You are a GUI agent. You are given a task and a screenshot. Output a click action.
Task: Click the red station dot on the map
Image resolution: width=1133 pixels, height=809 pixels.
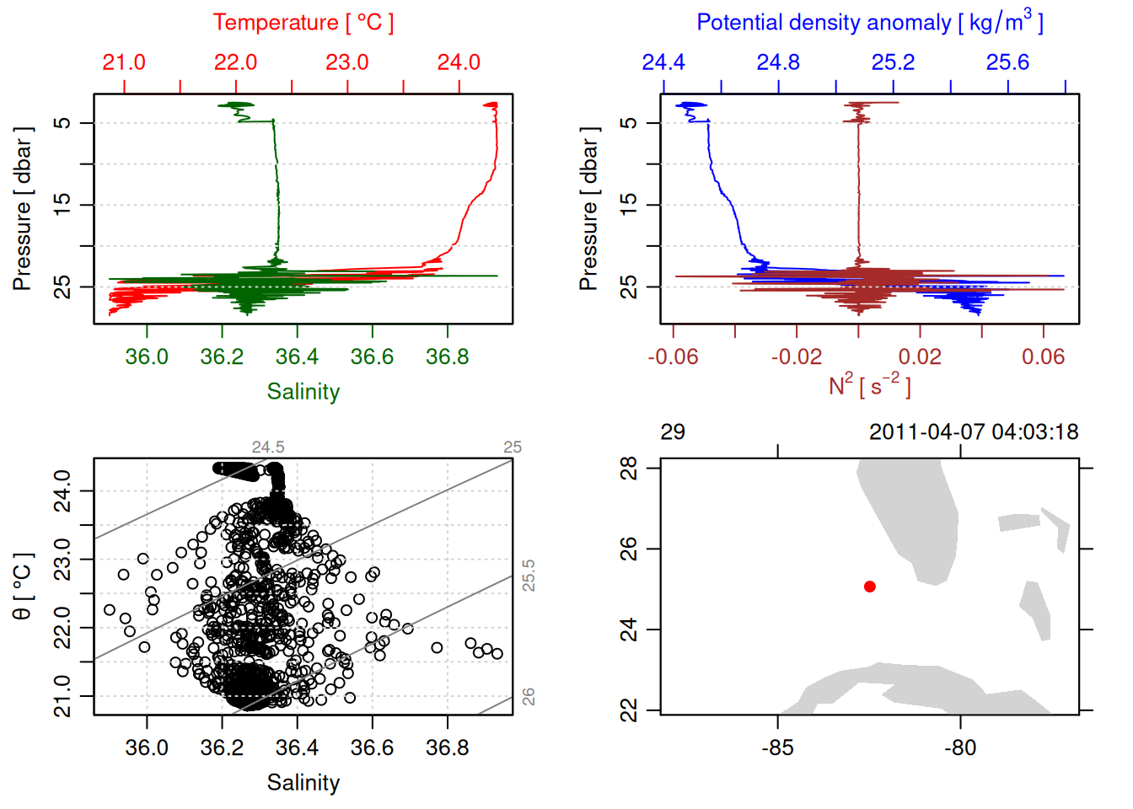pyautogui.click(x=870, y=587)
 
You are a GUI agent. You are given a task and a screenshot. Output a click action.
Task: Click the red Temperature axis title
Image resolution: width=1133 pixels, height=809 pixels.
pyautogui.click(x=303, y=23)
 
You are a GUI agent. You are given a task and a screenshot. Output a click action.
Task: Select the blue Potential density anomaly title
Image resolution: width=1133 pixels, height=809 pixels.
pyautogui.click(x=869, y=22)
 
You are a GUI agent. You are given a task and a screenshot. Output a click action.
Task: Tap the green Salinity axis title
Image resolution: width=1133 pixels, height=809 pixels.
pyautogui.click(x=303, y=392)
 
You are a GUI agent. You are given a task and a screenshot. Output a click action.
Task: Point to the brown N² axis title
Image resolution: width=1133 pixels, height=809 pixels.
pyautogui.click(x=869, y=385)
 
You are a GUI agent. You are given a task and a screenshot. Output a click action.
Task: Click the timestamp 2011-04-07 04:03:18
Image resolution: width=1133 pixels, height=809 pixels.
pyautogui.click(x=974, y=432)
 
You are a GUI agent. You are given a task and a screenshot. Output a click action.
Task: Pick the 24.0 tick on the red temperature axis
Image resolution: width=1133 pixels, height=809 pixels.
pyautogui.click(x=459, y=62)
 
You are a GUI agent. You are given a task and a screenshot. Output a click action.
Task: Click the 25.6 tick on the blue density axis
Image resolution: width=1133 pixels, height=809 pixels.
pyautogui.click(x=1007, y=62)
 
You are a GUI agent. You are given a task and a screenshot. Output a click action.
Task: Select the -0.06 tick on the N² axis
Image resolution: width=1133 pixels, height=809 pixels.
pyautogui.click(x=673, y=357)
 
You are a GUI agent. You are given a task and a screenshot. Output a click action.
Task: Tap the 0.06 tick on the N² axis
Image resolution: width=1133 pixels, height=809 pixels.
pyautogui.click(x=1043, y=357)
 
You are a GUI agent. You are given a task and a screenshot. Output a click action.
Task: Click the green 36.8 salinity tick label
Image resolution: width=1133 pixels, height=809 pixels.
pyautogui.click(x=447, y=357)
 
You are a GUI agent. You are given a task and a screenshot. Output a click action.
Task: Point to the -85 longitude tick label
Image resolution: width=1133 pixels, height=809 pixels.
pyautogui.click(x=777, y=747)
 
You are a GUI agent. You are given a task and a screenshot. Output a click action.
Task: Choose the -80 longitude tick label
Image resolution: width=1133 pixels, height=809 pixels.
pyautogui.click(x=960, y=747)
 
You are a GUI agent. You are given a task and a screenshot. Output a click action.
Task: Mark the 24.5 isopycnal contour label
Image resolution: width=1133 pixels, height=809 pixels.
pyautogui.click(x=268, y=447)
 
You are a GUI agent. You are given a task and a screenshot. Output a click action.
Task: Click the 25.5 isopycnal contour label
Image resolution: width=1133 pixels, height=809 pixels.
pyautogui.click(x=529, y=576)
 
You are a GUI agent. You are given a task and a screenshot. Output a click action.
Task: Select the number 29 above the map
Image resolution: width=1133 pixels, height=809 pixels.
pyautogui.click(x=673, y=432)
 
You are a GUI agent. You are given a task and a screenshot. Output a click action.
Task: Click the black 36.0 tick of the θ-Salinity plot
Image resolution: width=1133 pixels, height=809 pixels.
pyautogui.click(x=147, y=747)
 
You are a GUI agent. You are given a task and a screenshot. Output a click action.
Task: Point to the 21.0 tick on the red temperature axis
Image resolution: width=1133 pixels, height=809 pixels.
pyautogui.click(x=124, y=62)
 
